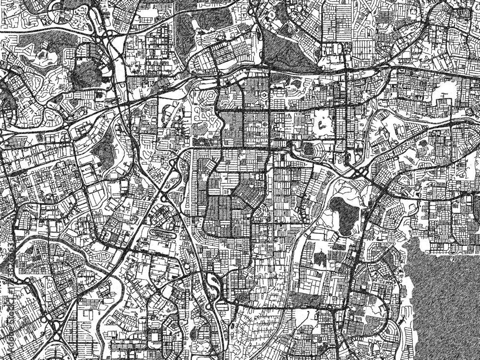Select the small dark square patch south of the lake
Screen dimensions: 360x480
click(319, 259)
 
